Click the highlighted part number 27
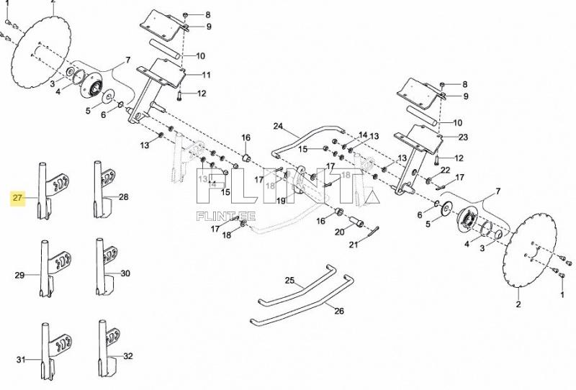(18, 196)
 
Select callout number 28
(123, 196)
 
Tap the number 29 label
(19, 275)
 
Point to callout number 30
(125, 273)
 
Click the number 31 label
(21, 359)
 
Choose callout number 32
(128, 356)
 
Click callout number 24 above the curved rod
(279, 126)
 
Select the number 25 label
(289, 279)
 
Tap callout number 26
(339, 311)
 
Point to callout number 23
(463, 137)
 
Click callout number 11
(206, 75)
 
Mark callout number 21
(353, 245)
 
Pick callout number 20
(340, 232)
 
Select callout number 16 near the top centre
(245, 137)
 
